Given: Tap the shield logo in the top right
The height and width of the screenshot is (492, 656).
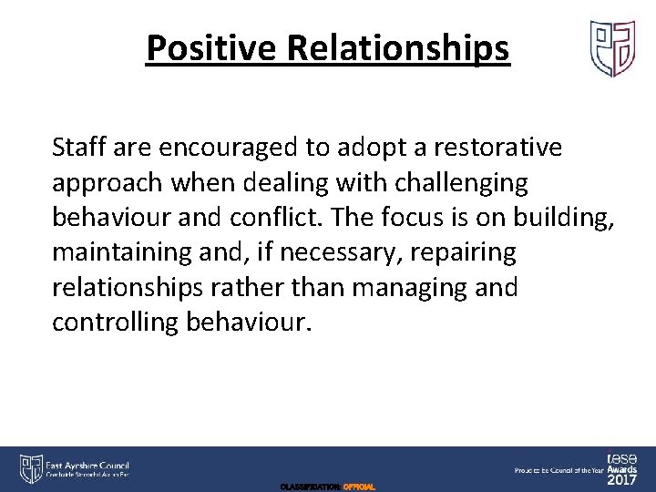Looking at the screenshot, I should pos(612,48).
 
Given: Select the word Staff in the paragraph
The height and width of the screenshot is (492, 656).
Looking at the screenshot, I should pos(77,147).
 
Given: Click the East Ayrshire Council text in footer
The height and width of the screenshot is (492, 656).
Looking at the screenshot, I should pos(89,466).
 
